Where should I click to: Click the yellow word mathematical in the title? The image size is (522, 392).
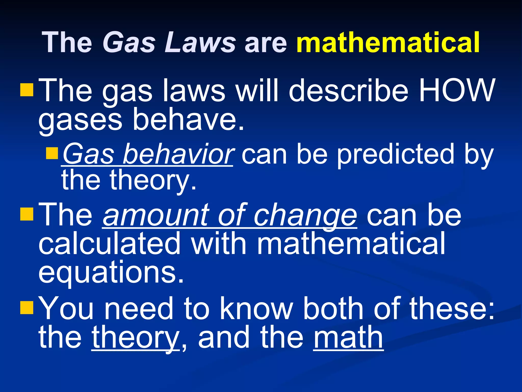388,42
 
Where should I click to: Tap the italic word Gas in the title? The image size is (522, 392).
129,42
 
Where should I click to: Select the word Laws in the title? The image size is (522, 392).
200,42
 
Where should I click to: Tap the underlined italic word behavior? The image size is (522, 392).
178,154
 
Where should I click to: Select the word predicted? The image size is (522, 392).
396,154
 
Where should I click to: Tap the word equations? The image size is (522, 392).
111,273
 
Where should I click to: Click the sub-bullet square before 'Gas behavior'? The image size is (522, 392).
52,153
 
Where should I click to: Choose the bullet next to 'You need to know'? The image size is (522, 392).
27,308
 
